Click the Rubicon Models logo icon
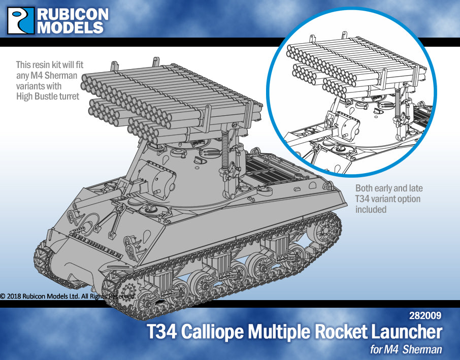click(21, 20)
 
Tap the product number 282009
click(424, 315)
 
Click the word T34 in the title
click(162, 333)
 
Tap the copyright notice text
click(68, 296)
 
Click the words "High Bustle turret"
click(48, 96)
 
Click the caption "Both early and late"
click(389, 188)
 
